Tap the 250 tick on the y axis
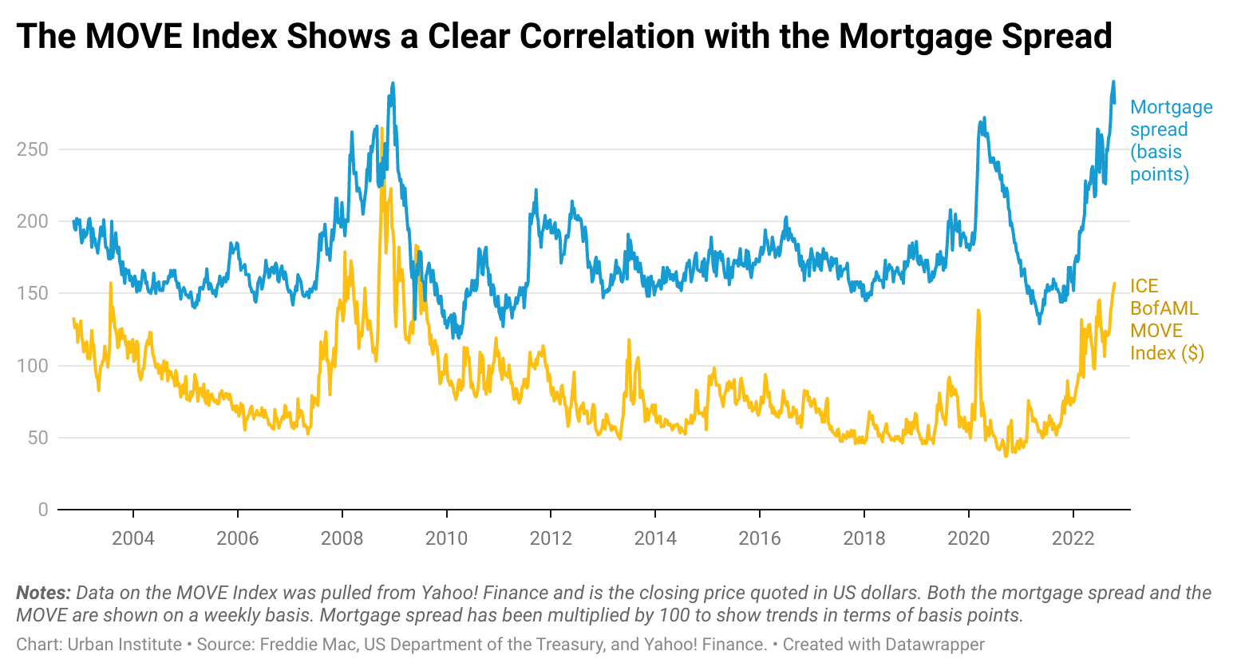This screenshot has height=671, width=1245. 33,149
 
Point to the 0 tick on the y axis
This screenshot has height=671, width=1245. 43,510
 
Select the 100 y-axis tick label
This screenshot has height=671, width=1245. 33,366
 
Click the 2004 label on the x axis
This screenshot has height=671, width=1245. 133,538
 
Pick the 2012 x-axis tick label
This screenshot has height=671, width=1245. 551,538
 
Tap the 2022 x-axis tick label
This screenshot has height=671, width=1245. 1073,538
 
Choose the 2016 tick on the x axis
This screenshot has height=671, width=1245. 760,538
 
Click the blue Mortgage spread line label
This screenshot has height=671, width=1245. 1170,141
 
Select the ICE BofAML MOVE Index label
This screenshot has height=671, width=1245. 1166,320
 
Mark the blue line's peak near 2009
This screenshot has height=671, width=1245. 393,84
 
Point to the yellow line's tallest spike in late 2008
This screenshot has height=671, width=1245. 382,129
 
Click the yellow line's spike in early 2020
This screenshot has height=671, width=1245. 978,311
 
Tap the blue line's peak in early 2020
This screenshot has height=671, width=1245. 983,119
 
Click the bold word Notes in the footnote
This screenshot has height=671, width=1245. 43,593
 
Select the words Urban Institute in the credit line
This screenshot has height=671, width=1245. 125,645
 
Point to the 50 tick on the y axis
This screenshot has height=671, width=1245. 38,438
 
